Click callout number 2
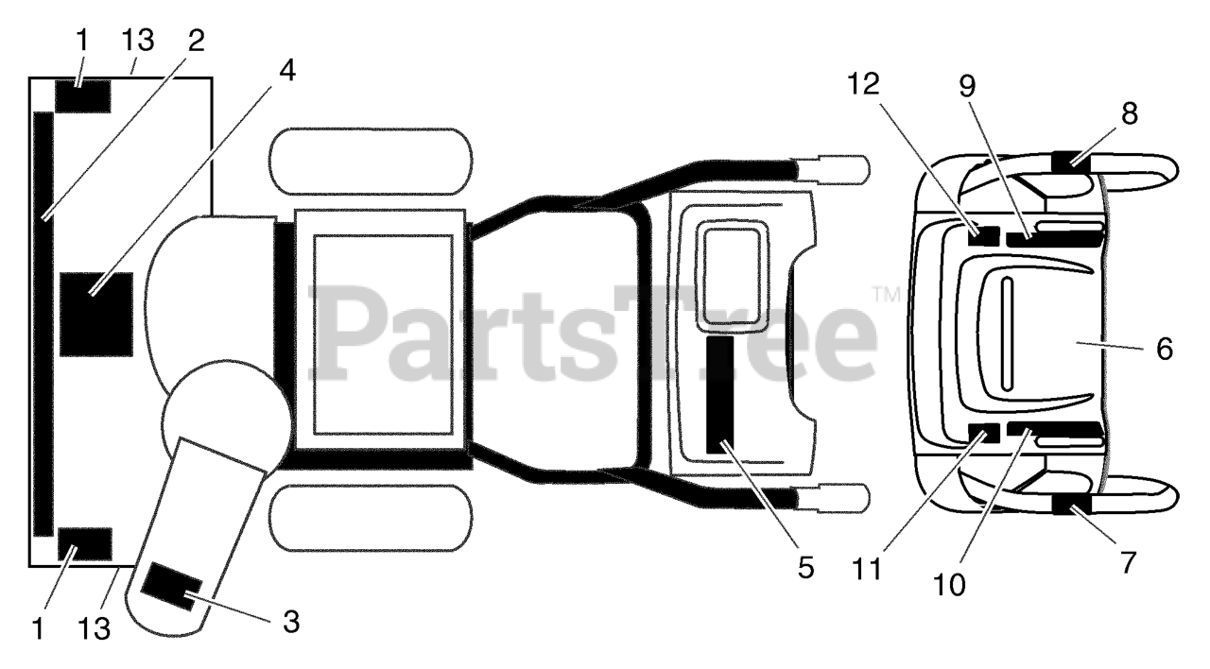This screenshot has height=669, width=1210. click(x=196, y=43)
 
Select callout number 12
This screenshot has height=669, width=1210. click(x=863, y=85)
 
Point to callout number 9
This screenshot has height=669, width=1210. click(x=966, y=86)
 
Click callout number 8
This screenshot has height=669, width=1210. click(x=1130, y=114)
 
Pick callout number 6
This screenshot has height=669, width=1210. click(x=1164, y=349)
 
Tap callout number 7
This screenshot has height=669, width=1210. click(x=1126, y=562)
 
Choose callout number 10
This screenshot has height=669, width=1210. click(x=950, y=585)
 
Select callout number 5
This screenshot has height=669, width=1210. click(x=804, y=567)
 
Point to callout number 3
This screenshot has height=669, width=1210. click(x=291, y=621)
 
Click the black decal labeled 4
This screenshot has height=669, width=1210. click(x=96, y=314)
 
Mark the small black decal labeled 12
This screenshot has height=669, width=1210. click(x=982, y=233)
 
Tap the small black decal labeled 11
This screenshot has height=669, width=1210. click(x=983, y=435)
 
